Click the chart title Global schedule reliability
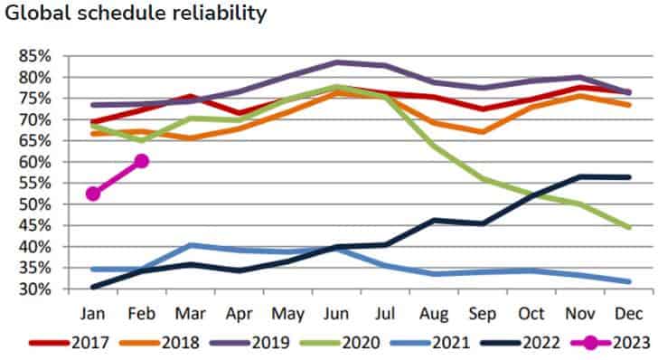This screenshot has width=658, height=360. [136, 13]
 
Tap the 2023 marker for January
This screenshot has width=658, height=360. [93, 194]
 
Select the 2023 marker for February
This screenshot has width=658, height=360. [142, 161]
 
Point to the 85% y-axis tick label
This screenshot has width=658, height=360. [35, 56]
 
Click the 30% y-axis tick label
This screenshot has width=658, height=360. [35, 289]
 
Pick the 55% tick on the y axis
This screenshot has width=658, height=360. [35, 183]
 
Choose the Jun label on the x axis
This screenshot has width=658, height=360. [337, 314]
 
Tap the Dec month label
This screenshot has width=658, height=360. [629, 314]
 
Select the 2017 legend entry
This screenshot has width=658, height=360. [70, 343]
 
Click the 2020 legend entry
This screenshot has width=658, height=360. [340, 343]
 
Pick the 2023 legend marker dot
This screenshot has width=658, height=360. [591, 343]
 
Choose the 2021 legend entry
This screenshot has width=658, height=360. [430, 343]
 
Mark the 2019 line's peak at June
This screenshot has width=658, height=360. [337, 62]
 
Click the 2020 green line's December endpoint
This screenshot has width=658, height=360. [629, 228]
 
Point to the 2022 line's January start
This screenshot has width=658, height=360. [93, 288]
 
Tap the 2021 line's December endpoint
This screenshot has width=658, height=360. [629, 281]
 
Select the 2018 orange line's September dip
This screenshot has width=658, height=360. [483, 132]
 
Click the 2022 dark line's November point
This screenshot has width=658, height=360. [580, 177]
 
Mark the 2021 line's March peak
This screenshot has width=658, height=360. [191, 245]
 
